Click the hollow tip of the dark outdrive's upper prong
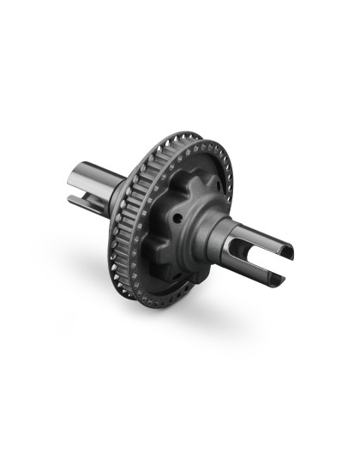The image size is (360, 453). [x=288, y=251]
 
